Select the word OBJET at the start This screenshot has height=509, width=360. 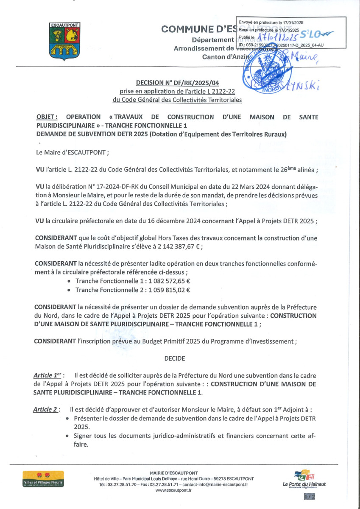47,117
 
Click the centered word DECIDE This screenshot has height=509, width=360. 174,358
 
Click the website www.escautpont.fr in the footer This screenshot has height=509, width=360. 173,490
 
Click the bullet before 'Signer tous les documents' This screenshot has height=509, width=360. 68,436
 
